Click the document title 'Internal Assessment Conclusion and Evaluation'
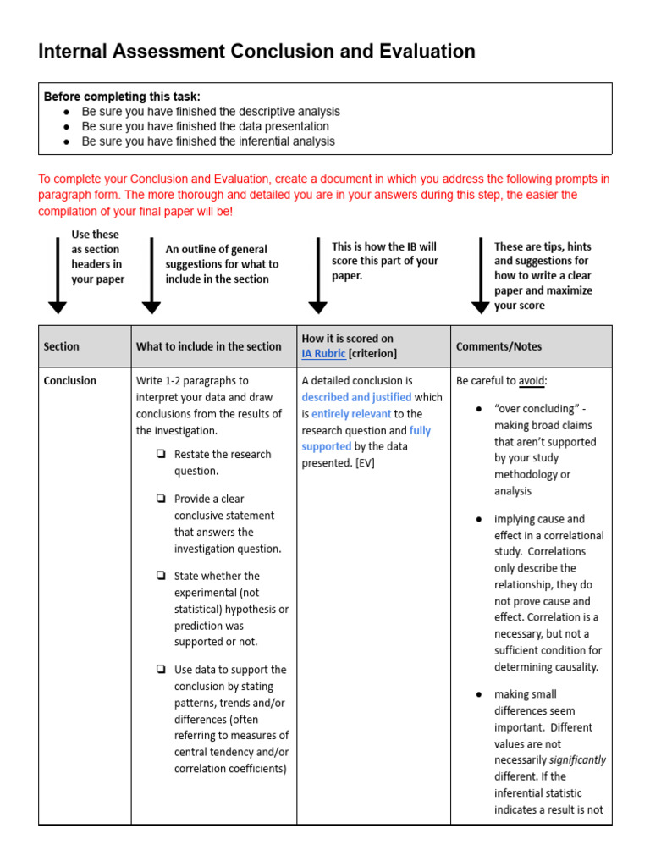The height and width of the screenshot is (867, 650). [256, 52]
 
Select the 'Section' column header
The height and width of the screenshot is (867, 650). [62, 346]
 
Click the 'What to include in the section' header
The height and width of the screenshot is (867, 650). [208, 346]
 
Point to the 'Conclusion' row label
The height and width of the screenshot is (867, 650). [70, 381]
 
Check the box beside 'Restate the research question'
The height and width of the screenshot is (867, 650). [161, 455]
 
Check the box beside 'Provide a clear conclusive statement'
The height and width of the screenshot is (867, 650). [161, 500]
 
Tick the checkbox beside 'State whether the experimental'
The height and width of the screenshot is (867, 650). [161, 577]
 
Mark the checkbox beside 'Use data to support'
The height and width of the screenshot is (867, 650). [161, 670]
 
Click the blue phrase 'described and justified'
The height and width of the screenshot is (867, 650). [356, 397]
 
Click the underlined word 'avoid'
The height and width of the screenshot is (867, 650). [532, 381]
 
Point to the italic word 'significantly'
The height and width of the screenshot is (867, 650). [577, 760]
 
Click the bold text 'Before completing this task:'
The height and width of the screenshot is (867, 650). [122, 97]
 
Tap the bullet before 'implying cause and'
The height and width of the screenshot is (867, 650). [479, 519]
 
